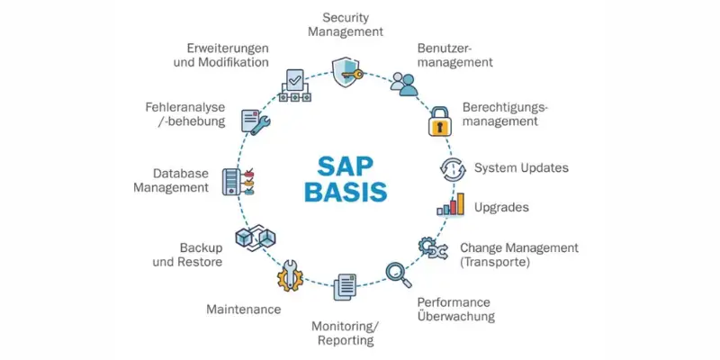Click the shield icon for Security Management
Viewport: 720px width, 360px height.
pos(346,72)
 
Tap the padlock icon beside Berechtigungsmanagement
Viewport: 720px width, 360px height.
pos(438,121)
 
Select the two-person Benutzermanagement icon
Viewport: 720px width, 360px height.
pos(404,84)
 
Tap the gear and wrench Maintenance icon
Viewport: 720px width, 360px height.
pos(290,274)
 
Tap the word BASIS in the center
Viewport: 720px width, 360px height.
pos(346,193)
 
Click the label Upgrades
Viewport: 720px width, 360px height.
pos(501,207)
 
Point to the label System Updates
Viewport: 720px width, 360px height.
pos(521,167)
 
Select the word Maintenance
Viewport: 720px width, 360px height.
pos(243,309)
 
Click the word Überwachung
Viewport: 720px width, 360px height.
pos(455,317)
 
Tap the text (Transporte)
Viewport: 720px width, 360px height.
pos(495,262)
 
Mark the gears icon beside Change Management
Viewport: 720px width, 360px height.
pos(431,247)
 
